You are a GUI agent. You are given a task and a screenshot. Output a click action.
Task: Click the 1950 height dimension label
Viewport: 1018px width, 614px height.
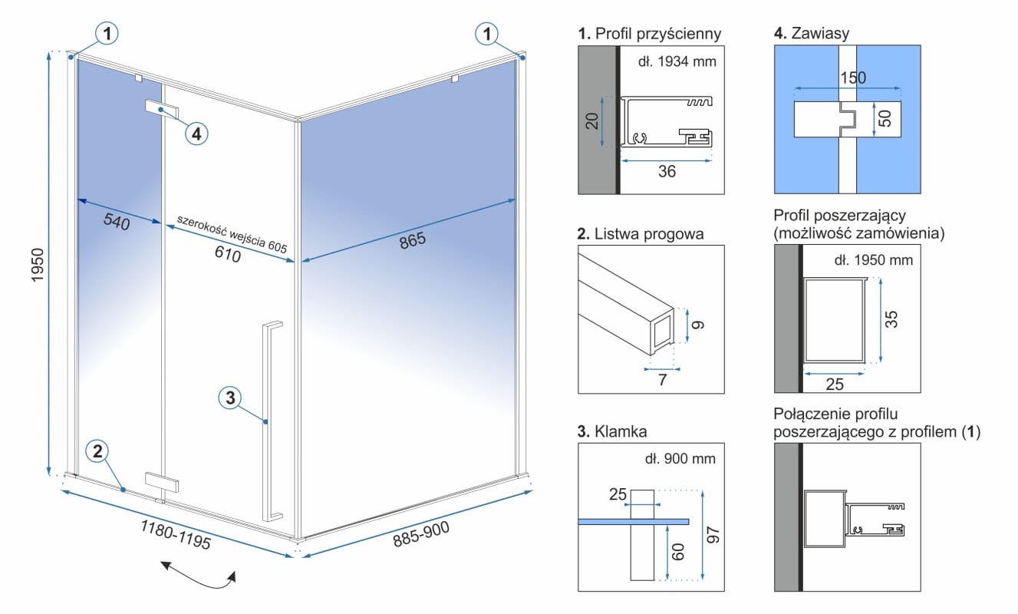coord(38,266)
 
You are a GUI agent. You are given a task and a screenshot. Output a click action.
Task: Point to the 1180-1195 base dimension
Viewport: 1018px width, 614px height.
coord(175,534)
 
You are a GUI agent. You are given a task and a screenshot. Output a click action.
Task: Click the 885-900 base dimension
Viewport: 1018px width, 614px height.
coord(421,534)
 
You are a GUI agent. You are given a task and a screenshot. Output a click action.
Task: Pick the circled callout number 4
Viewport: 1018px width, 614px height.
coord(196,134)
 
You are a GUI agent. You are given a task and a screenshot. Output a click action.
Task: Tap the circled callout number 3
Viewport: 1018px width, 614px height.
coord(231,398)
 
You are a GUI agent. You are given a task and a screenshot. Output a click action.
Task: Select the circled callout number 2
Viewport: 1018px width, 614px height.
coord(97,451)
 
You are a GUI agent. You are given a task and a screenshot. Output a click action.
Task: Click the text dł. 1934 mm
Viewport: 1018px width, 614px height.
coord(677,61)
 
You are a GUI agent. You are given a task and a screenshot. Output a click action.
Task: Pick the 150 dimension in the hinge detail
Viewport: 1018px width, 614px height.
coord(852,78)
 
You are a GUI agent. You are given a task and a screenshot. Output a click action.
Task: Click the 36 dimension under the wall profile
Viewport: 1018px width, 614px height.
coord(667,172)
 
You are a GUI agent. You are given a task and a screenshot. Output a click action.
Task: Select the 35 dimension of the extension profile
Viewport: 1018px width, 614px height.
coord(891,319)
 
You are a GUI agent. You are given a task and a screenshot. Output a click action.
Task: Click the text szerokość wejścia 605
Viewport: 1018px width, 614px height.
coord(231,233)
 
